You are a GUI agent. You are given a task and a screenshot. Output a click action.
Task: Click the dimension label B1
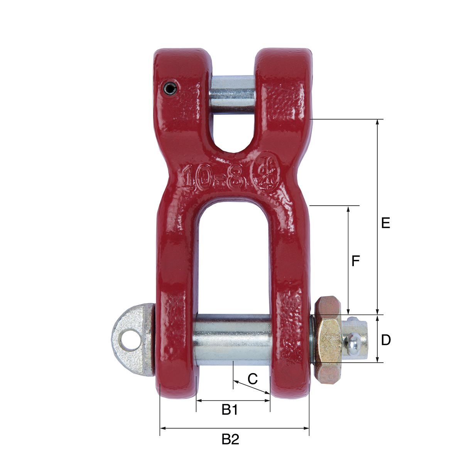coord(230,410)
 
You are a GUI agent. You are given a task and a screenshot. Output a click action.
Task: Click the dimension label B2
coord(230,439)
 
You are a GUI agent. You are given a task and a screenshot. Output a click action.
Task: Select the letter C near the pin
coord(252,379)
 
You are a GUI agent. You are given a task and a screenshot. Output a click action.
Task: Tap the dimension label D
coord(386,340)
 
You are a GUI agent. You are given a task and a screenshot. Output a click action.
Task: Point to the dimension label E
coord(385,223)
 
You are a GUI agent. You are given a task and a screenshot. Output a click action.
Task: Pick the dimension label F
coord(355,261)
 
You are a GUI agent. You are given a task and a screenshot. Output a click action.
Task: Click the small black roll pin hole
coord(170,89)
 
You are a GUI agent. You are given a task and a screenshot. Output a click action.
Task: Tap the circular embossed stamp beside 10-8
coord(266,174)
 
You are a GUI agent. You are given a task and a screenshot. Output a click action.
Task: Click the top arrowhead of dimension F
coord(348,209)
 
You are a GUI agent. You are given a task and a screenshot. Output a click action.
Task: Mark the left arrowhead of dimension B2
coord(162,428)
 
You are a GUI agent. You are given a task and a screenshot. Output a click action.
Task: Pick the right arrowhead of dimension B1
coord(267,400)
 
